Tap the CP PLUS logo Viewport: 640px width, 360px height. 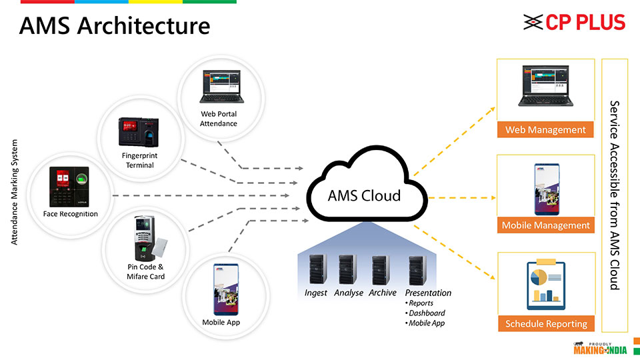coord(574,22)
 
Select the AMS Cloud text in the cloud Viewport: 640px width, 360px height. coord(364,195)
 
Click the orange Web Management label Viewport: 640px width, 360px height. coord(545,130)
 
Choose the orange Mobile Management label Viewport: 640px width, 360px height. coord(545,225)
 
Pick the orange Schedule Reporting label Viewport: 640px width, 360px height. coord(545,324)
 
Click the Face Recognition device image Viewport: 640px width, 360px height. coord(71,186)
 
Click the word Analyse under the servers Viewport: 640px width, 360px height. coord(348,293)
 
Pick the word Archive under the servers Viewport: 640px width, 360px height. coord(382,293)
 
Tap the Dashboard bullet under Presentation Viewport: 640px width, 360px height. coord(427,313)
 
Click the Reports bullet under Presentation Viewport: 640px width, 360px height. coord(421,303)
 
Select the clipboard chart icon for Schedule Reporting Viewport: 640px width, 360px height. coord(545,285)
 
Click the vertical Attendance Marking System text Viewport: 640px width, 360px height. coord(15,192)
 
